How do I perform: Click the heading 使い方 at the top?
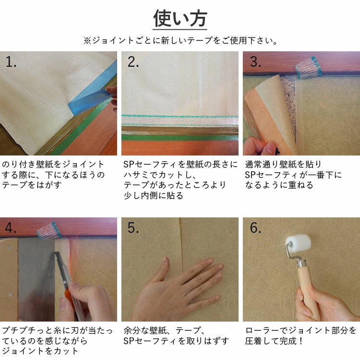[x=180, y=18]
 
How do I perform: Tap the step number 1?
[x=11, y=62]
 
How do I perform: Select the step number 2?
[x=133, y=62]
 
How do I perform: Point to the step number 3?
[x=255, y=62]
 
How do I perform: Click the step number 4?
[x=11, y=228]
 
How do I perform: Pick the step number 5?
[x=133, y=228]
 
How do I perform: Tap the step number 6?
[x=255, y=228]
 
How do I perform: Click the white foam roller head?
[x=298, y=245]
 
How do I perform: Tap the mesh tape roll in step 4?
[x=48, y=230]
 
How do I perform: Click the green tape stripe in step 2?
[x=180, y=138]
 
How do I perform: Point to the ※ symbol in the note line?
[x=87, y=41]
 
